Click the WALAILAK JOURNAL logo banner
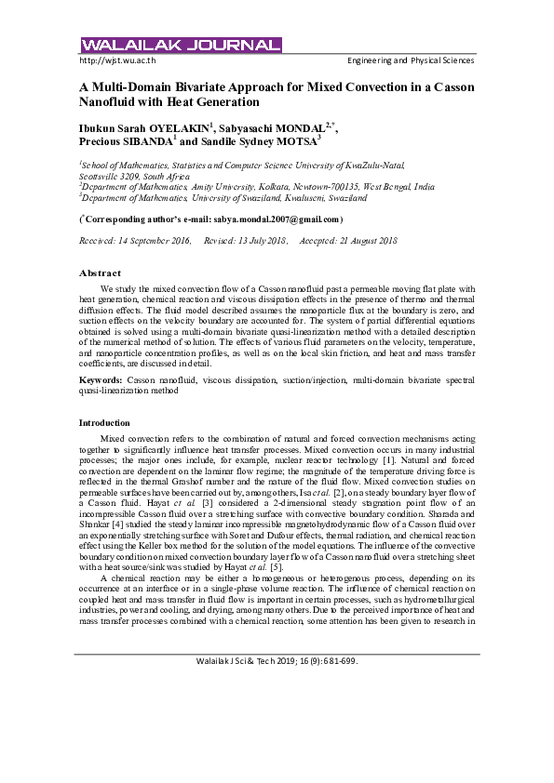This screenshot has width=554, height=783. click(x=181, y=45)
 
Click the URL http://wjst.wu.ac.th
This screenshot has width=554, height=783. click(x=117, y=60)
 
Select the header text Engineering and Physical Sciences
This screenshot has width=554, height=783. click(x=411, y=60)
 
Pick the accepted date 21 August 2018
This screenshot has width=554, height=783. click(x=366, y=241)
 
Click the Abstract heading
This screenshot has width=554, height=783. click(x=100, y=272)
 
